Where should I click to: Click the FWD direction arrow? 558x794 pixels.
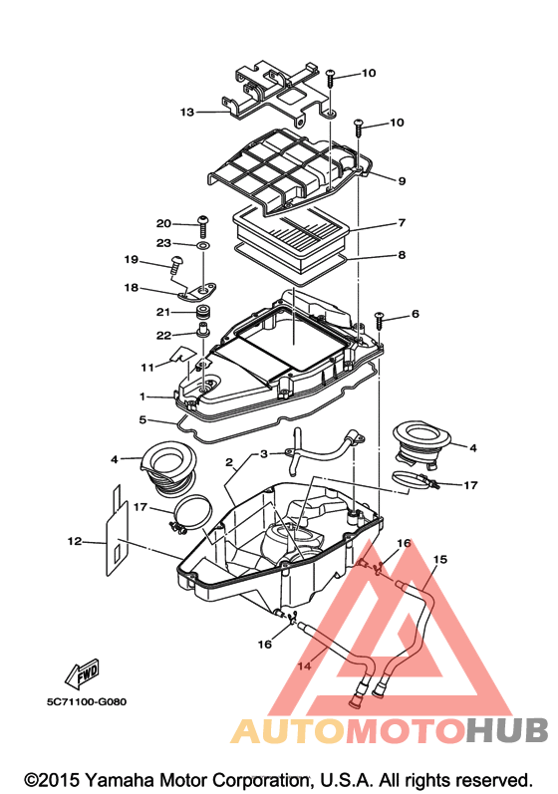pyautogui.click(x=82, y=673)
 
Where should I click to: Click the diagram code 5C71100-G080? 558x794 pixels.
pyautogui.click(x=87, y=701)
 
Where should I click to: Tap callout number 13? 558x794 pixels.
pyautogui.click(x=187, y=112)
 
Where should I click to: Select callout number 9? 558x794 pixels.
pyautogui.click(x=402, y=180)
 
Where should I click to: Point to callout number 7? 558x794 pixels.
pyautogui.click(x=402, y=222)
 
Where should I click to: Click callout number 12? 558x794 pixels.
pyautogui.click(x=75, y=541)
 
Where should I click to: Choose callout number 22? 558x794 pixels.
pyautogui.click(x=163, y=335)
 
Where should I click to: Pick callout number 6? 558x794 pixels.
pyautogui.click(x=416, y=314)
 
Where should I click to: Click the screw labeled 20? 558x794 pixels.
pyautogui.click(x=203, y=226)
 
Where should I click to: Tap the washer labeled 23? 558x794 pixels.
pyautogui.click(x=203, y=246)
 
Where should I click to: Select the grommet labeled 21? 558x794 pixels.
pyautogui.click(x=204, y=312)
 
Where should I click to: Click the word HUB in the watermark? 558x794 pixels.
pyautogui.click(x=507, y=730)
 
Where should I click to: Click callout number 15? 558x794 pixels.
pyautogui.click(x=440, y=560)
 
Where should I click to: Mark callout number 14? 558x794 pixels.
pyautogui.click(x=304, y=665)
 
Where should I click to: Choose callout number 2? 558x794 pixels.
pyautogui.click(x=229, y=462)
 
